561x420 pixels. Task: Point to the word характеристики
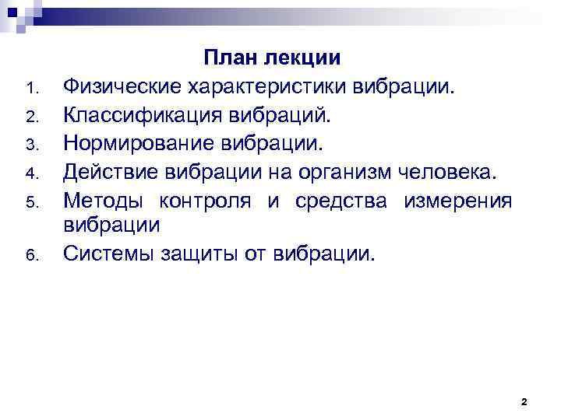pyautogui.click(x=263, y=87)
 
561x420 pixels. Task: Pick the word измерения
pyautogui.click(x=457, y=200)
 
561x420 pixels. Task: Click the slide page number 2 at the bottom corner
pyautogui.click(x=524, y=401)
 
